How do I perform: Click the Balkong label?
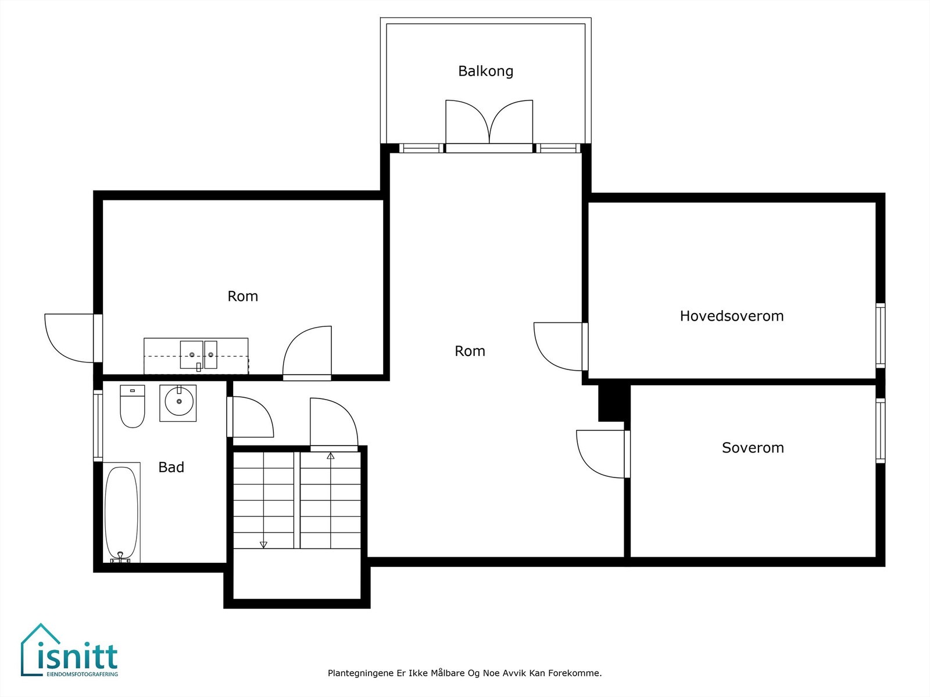(485, 71)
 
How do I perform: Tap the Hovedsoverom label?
(732, 316)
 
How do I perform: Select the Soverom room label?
(753, 448)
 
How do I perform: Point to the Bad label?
(171, 467)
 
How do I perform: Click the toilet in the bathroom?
(133, 406)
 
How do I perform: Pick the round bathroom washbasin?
(178, 403)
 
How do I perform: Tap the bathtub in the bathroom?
(122, 512)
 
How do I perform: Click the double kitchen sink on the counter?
(199, 355)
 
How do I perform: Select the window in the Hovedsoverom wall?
(881, 336)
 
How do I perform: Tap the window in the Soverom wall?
(881, 430)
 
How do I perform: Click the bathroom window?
(98, 426)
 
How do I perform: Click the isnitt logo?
(70, 649)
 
